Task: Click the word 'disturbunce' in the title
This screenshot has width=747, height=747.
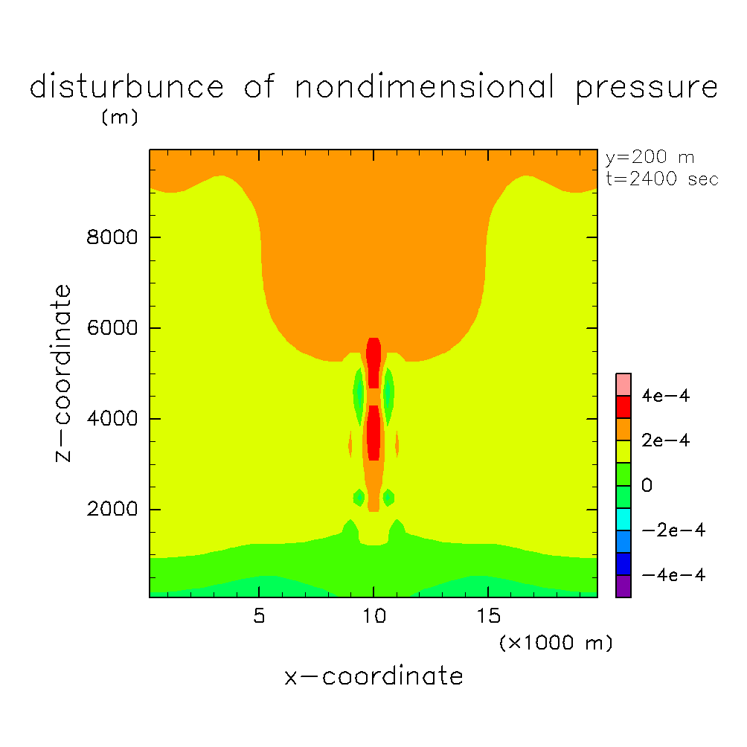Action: point(126,88)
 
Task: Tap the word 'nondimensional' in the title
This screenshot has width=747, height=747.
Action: point(424,88)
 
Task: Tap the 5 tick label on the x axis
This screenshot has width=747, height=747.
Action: point(258,617)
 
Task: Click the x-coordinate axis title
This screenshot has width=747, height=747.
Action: point(373,676)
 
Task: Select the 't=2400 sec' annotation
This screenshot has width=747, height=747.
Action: point(661,179)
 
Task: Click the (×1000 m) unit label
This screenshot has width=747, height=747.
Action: point(555,643)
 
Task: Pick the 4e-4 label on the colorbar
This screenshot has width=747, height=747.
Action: point(666,397)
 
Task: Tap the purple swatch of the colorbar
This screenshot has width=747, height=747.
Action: point(623,586)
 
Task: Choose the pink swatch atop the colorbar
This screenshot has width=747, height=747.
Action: point(623,384)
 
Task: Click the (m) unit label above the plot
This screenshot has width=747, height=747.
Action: point(119,118)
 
